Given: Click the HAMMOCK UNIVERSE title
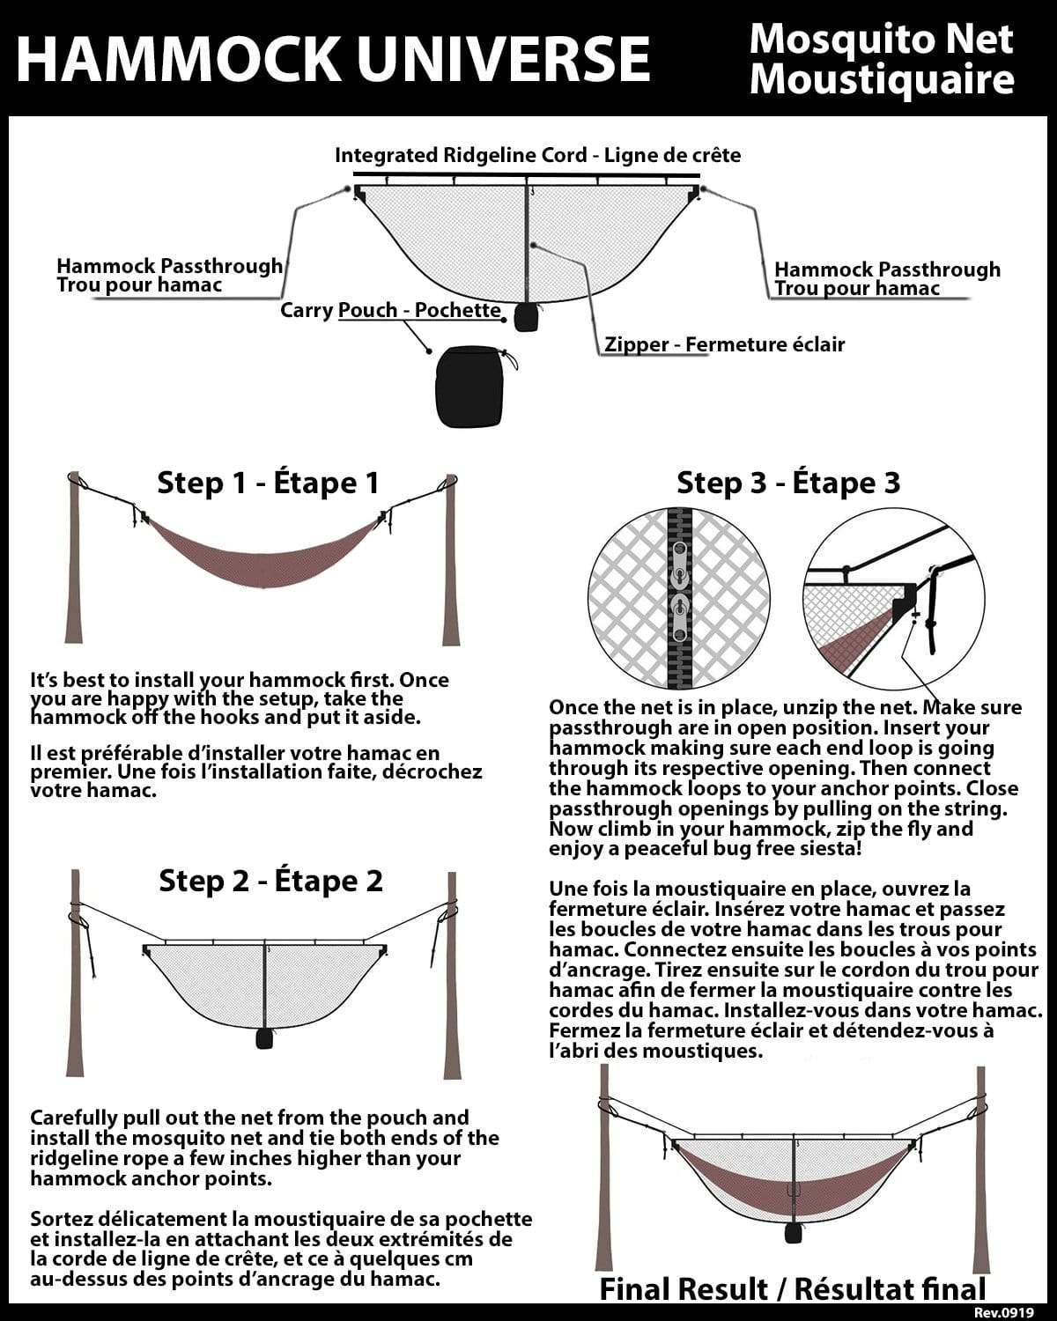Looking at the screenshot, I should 333,58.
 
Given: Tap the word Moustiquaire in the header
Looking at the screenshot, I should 881,80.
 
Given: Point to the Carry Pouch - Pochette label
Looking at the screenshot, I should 390,311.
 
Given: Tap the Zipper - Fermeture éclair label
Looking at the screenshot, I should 724,344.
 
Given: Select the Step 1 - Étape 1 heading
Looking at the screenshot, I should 268,483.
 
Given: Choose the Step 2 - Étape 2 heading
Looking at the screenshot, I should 270,881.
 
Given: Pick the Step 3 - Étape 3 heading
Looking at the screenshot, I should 788,483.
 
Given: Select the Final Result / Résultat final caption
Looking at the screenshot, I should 792,1289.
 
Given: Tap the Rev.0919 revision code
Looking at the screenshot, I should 1016,1310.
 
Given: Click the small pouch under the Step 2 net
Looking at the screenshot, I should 263,1039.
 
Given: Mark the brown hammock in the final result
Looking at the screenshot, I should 793,1180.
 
